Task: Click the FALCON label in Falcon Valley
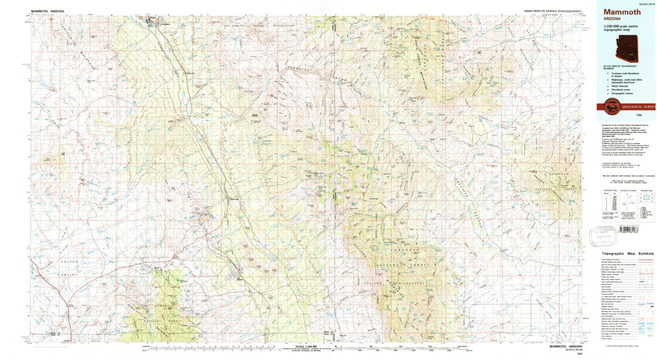(71, 262)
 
